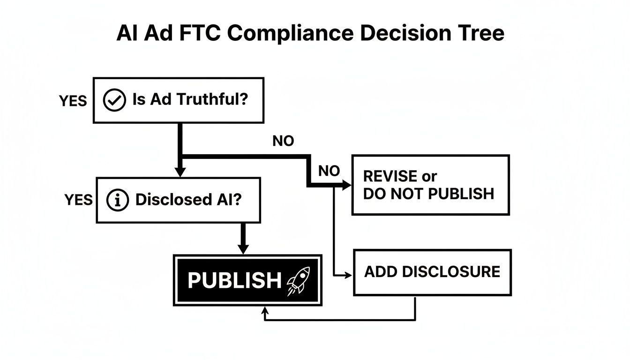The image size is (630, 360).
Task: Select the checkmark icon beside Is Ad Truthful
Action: [114, 100]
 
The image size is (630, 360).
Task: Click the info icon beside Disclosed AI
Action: [118, 200]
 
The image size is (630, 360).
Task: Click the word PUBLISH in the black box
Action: [234, 280]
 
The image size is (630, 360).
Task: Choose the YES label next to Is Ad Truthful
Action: [73, 101]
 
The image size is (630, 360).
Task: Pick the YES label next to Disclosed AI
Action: [78, 200]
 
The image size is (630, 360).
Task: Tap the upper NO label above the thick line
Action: [283, 141]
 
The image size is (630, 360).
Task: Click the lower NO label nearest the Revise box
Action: [329, 171]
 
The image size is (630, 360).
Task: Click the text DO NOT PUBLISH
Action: [428, 194]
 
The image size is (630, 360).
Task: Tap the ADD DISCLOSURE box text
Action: [432, 271]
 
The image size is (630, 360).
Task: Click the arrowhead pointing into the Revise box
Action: [347, 186]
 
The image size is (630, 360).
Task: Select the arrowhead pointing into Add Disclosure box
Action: [348, 276]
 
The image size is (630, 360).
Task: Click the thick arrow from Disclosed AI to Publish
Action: [242, 239]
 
